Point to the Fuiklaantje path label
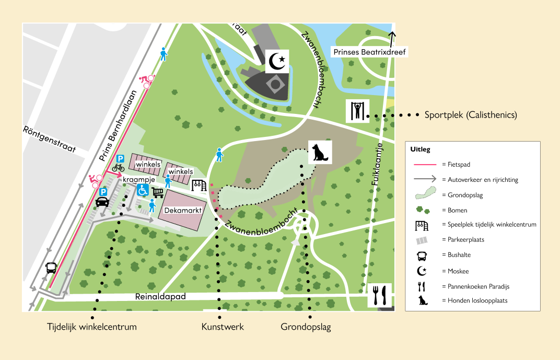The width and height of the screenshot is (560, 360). point(375,165)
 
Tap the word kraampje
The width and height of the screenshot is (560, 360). point(137,180)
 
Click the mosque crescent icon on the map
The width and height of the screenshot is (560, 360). point(277,62)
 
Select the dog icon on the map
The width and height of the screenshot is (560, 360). point(319,152)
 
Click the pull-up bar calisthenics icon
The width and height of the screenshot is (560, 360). point(357,111)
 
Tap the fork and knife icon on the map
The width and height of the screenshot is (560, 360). point(380,296)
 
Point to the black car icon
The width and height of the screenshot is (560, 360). point(103,202)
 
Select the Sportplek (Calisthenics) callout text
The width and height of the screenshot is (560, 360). point(471,115)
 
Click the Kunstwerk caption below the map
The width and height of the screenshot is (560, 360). point(223,327)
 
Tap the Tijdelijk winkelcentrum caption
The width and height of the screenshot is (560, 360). point(92,327)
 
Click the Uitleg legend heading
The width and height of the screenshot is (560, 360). point(420,149)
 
